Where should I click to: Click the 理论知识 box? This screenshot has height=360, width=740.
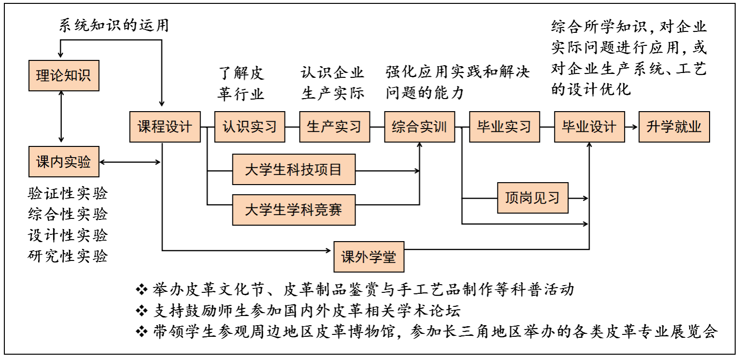[64, 75]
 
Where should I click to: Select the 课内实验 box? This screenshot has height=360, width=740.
[64, 162]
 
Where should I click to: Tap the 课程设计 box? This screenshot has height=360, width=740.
[165, 127]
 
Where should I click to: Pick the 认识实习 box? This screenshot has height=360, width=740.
[250, 127]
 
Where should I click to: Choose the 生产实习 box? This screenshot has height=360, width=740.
[335, 127]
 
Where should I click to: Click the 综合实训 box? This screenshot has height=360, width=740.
[420, 127]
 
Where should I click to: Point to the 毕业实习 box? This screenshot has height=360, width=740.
[504, 127]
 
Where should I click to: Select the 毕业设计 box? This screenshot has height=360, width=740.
[589, 127]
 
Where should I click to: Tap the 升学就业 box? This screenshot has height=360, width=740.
[674, 127]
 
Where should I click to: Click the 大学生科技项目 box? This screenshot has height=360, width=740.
[294, 169]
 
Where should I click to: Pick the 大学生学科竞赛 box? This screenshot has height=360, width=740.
[294, 210]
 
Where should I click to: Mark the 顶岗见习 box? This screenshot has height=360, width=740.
[533, 198]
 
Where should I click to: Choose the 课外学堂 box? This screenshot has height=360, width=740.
[369, 257]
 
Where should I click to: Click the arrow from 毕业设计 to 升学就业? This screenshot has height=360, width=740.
[631, 127]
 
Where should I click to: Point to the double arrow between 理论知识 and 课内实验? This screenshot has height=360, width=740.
[61, 116]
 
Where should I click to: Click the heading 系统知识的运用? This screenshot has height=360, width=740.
[114, 26]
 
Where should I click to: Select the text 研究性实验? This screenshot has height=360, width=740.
[68, 256]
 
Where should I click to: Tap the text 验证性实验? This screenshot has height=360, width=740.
[68, 193]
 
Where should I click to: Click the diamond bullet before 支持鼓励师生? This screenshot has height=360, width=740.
[142, 311]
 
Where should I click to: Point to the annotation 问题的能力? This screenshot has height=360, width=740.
[425, 93]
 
